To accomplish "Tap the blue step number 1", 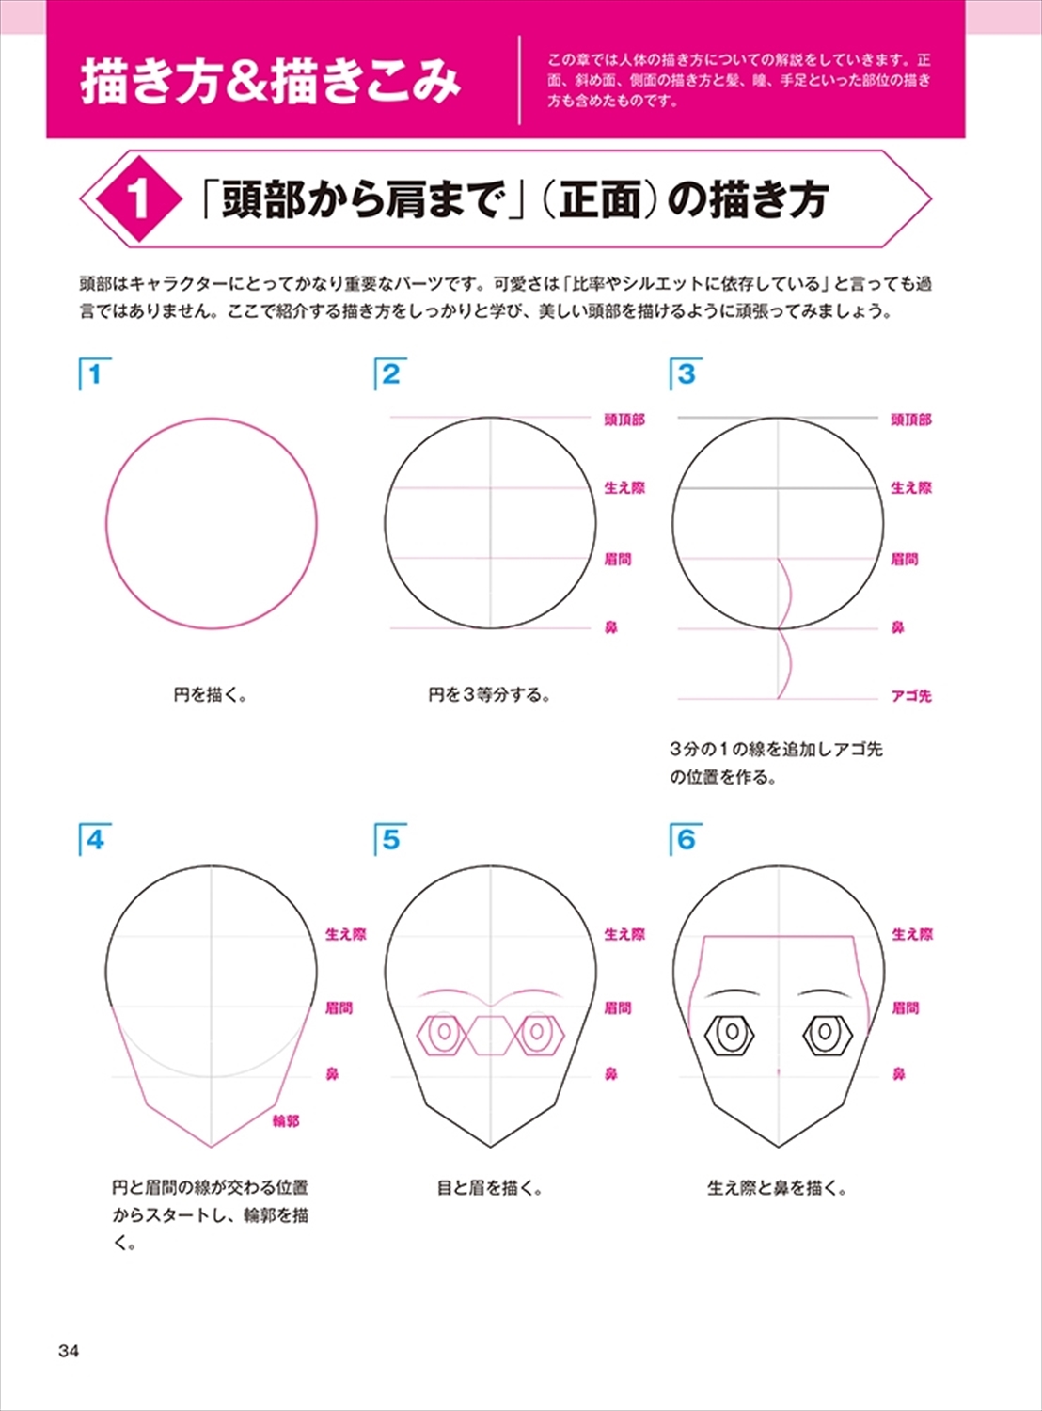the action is tap(95, 374).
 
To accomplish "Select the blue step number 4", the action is tap(95, 840).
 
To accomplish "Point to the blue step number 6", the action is tap(686, 840).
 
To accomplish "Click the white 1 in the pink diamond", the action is tap(138, 198).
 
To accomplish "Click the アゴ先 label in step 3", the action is tap(911, 696).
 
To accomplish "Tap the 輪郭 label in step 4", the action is tap(286, 1121).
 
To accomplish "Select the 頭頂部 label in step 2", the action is tap(624, 420).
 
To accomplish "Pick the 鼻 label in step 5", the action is tap(611, 1074).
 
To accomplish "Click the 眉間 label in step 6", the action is tap(905, 1007).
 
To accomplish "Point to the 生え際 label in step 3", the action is tap(911, 488).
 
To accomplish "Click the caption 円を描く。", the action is tap(211, 694).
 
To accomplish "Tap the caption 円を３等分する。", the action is tap(490, 694).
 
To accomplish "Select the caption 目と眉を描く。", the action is tap(490, 1188).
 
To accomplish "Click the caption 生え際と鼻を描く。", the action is tap(778, 1188).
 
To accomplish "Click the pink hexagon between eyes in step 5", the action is tap(491, 1036).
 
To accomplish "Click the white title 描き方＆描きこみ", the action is tap(270, 82).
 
